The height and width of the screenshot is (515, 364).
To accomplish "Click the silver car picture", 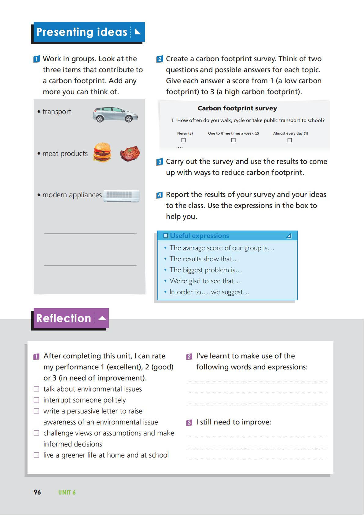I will [115, 115].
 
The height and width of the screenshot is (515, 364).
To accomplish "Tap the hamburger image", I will [102, 152].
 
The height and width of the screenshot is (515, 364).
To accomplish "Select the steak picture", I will [130, 153].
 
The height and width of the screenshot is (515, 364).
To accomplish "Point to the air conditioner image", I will [122, 196].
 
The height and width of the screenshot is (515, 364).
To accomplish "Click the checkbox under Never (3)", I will [183, 140].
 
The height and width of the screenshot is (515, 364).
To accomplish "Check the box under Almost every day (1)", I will [289, 140].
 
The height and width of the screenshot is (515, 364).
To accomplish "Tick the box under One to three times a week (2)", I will [233, 140].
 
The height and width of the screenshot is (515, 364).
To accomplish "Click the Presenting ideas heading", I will [82, 32].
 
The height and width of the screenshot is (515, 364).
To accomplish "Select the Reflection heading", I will [64, 318].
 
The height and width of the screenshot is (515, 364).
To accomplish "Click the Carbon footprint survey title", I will [237, 108].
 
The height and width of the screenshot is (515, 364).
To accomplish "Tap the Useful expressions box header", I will [227, 235].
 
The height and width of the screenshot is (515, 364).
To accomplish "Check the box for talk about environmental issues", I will [36, 389].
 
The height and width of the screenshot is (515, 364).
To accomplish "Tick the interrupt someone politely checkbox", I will [36, 400].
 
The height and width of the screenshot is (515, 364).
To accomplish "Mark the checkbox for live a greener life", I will [36, 455].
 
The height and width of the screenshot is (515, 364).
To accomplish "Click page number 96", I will [37, 492].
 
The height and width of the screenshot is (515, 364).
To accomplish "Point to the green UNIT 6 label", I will [67, 492].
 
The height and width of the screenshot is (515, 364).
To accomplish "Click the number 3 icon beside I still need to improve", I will [189, 423].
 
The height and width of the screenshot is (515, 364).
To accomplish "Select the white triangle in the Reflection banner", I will [102, 318].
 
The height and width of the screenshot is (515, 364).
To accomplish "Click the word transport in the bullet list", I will [57, 112].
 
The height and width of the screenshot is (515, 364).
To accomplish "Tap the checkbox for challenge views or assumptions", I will [36, 433].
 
